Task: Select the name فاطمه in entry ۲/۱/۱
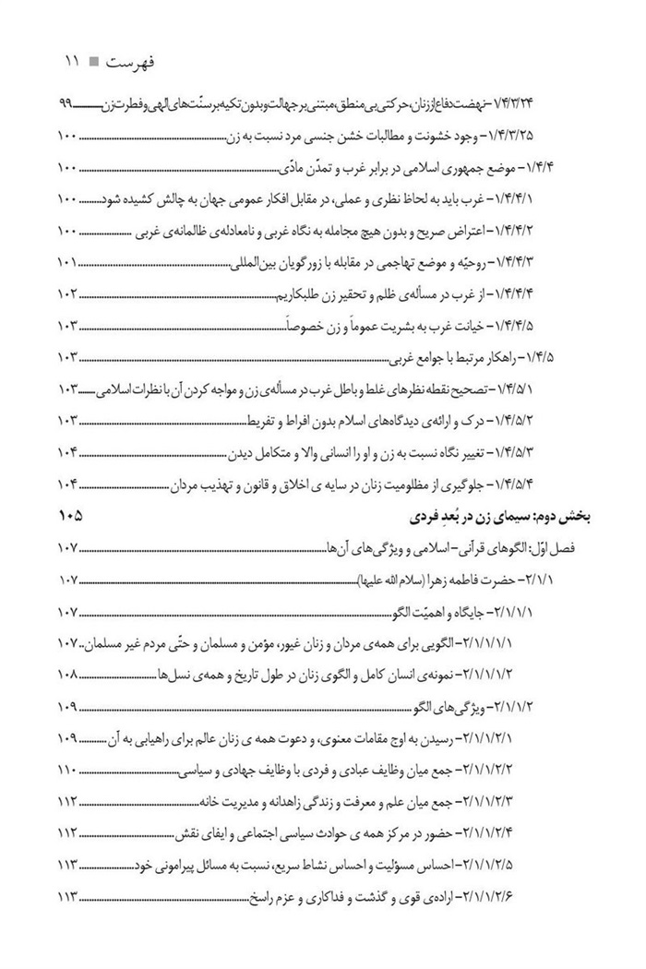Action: click(x=472, y=580)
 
